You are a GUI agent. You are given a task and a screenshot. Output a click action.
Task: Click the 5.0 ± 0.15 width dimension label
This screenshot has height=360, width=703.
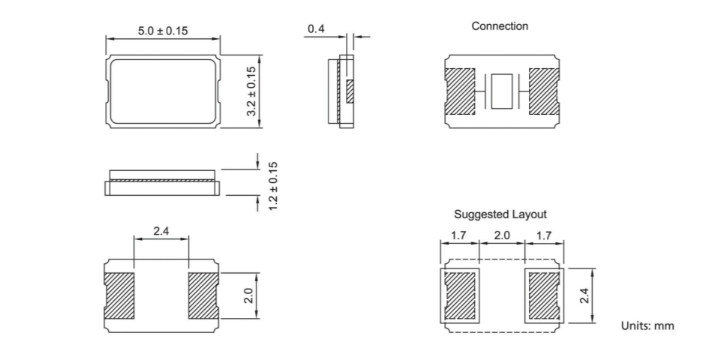[x=162, y=31]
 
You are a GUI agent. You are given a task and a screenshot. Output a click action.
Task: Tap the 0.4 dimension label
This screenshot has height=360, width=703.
[x=316, y=29]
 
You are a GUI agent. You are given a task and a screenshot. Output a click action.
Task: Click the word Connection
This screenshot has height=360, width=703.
[x=500, y=26]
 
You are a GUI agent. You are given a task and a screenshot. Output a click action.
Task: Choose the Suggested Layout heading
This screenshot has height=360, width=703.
[x=500, y=214]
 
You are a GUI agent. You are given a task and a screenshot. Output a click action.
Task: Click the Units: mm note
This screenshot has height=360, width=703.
[x=647, y=325]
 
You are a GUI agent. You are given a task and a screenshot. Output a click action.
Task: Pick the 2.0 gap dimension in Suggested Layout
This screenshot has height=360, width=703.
[x=501, y=235]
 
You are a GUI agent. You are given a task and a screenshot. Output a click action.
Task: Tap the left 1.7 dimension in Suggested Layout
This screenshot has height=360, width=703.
[x=459, y=235]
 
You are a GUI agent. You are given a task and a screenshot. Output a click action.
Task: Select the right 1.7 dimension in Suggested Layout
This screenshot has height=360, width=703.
[x=544, y=235]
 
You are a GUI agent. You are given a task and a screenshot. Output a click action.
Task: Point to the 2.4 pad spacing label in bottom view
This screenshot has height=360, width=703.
[x=161, y=232]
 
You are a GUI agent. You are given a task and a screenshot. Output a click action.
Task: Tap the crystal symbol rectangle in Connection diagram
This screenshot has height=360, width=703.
[x=502, y=91]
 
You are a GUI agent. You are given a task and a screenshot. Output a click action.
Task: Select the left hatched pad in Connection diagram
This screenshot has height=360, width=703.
[x=461, y=91]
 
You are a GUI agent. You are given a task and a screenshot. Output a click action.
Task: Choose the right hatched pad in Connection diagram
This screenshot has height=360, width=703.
[x=544, y=91]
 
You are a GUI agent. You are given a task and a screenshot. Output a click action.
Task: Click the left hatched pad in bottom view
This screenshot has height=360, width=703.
[x=119, y=295]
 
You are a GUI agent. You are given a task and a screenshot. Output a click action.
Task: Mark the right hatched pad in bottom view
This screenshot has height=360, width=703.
[x=203, y=295]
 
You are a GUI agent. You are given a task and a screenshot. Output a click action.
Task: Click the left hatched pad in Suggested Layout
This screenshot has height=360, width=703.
[x=459, y=295]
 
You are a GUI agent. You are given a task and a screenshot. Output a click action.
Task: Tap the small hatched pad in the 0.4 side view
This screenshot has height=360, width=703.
[x=349, y=91]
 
